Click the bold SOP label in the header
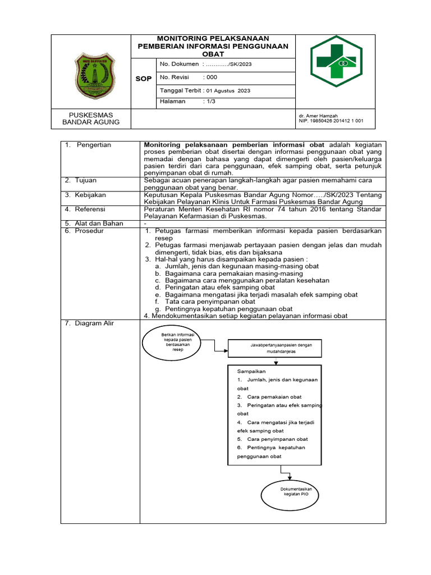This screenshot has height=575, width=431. click(x=144, y=79)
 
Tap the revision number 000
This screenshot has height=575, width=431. click(x=212, y=77)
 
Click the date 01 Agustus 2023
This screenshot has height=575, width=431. click(x=228, y=90)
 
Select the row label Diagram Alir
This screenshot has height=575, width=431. click(x=94, y=323)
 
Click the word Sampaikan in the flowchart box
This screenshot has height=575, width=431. click(x=251, y=371)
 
